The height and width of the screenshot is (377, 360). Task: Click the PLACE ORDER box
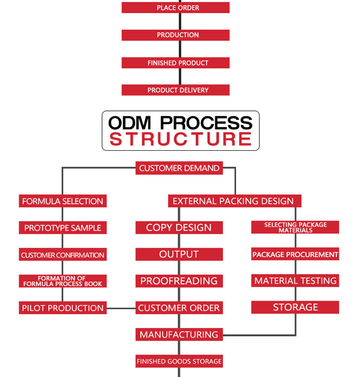tap(176, 8)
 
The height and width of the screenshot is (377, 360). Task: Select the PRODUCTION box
tap(176, 35)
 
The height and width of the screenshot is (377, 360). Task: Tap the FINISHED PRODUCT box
tap(176, 63)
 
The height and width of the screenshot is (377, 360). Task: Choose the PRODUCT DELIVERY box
tap(176, 90)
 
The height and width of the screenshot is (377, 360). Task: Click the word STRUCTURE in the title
tap(180, 139)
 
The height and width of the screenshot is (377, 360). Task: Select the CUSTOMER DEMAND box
tap(179, 168)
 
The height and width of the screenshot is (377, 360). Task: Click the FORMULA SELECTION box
tap(63, 201)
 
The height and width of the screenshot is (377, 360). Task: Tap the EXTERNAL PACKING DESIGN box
tap(234, 201)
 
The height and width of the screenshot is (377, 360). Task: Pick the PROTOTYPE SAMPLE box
tap(63, 228)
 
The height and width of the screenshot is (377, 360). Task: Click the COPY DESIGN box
tap(179, 228)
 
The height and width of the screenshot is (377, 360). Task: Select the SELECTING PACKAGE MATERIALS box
tap(295, 228)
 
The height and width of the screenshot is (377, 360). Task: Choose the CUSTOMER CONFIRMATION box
tap(63, 255)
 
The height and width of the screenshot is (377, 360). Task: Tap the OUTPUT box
tap(179, 255)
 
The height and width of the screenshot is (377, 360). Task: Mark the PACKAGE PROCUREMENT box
tap(295, 255)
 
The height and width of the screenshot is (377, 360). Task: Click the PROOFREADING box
tap(179, 281)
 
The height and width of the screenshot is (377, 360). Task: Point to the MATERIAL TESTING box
tap(295, 281)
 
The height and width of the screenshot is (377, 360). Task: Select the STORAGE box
tap(295, 307)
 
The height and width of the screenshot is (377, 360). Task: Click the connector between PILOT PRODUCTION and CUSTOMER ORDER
tap(121, 308)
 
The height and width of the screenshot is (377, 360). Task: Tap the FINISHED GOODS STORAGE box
tap(179, 361)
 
